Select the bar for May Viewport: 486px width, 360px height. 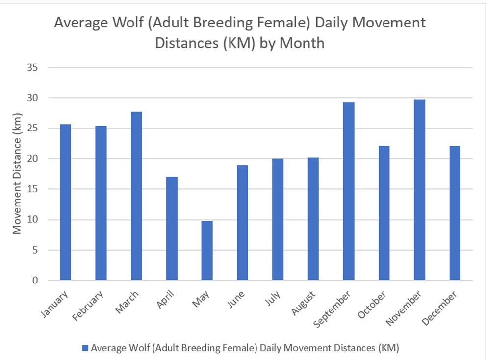click(207, 251)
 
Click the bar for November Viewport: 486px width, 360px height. click(419, 190)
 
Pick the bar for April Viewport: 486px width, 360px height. click(172, 229)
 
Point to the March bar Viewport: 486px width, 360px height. click(136, 196)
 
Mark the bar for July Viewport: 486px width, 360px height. click(278, 220)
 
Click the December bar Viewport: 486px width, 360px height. click(455, 213)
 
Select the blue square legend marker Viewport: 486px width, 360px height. click(85, 348)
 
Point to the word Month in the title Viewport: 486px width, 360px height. click(302, 43)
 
